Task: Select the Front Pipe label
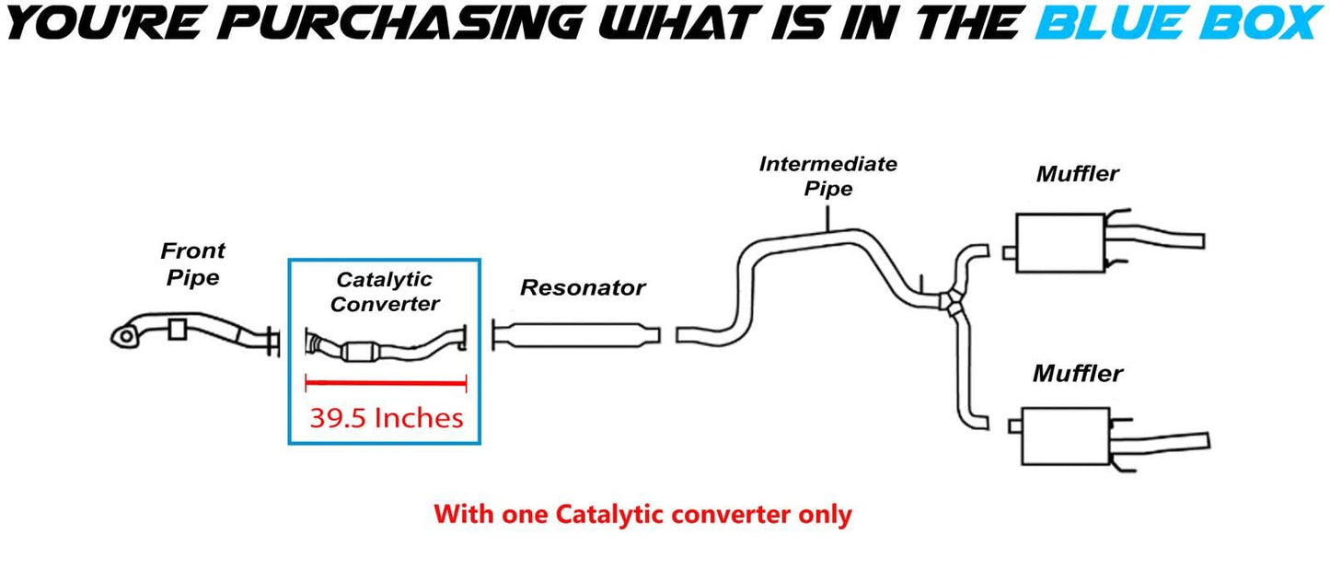click(x=192, y=264)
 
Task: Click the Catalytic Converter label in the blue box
click(x=385, y=291)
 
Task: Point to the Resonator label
click(x=583, y=288)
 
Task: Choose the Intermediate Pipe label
click(x=827, y=176)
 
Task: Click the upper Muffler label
click(x=1077, y=174)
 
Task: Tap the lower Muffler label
click(x=1077, y=374)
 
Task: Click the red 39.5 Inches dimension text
click(x=386, y=418)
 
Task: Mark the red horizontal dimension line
click(x=386, y=384)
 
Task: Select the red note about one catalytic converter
click(x=642, y=514)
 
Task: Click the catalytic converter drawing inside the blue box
click(x=368, y=350)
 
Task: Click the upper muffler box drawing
click(x=1059, y=243)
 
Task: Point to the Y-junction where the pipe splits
click(x=949, y=301)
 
